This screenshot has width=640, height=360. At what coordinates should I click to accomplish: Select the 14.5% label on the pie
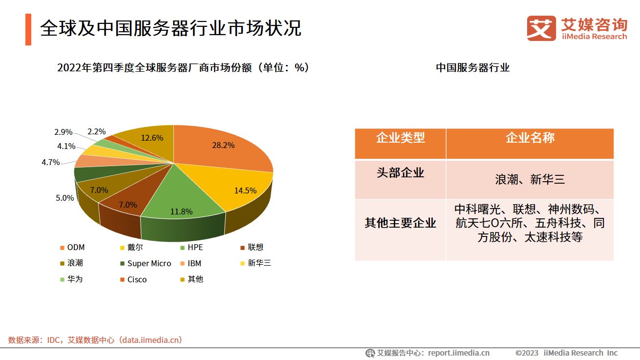(x=245, y=191)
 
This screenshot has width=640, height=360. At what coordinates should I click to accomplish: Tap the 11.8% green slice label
(x=181, y=212)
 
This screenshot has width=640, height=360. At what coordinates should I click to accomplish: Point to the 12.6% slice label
(x=152, y=138)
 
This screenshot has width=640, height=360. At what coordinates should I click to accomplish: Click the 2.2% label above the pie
(x=97, y=131)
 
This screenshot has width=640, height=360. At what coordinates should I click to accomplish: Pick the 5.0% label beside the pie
(x=64, y=198)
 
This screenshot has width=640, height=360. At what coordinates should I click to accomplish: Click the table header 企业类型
(x=400, y=138)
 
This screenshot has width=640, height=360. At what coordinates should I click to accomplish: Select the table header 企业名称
(x=530, y=138)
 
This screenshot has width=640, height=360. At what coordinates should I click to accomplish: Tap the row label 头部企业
(x=400, y=172)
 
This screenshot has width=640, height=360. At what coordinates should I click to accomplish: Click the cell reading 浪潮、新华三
(x=530, y=179)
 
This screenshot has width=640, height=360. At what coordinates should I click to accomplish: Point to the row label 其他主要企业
(x=400, y=223)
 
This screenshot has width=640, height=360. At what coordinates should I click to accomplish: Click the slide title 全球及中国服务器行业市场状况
(x=171, y=28)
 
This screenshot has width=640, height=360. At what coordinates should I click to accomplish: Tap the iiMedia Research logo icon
(x=541, y=28)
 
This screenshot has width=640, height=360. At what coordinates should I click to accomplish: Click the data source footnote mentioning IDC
(x=95, y=340)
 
